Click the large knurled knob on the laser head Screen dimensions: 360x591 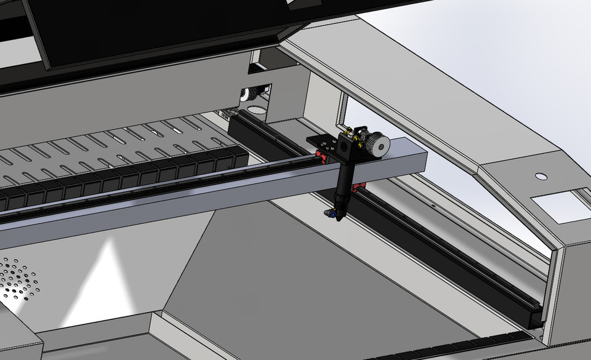[377, 144]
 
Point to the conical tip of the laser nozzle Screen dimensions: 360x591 [337, 215]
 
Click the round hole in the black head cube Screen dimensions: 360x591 [343, 146]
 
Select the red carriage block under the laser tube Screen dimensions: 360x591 [359, 185]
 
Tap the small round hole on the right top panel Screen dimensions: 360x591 [541, 177]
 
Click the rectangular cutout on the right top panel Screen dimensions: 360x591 [557, 207]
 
